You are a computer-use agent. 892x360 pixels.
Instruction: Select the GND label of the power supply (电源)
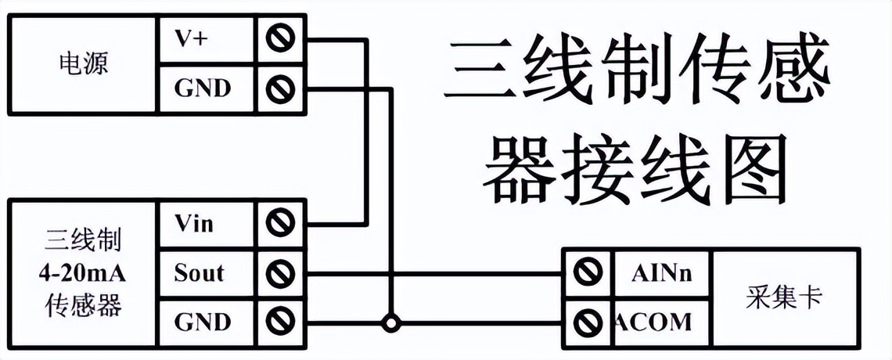202,88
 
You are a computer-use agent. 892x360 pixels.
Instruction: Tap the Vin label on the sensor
193,225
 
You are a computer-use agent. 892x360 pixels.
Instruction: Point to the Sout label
199,273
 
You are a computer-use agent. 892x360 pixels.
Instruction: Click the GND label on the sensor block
202,322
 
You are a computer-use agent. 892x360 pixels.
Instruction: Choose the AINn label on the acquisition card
661,273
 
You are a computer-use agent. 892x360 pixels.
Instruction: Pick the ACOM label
654,322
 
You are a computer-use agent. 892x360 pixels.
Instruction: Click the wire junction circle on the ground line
388,322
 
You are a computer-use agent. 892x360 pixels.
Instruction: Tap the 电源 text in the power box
83,63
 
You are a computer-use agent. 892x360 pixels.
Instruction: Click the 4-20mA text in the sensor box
82,273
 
